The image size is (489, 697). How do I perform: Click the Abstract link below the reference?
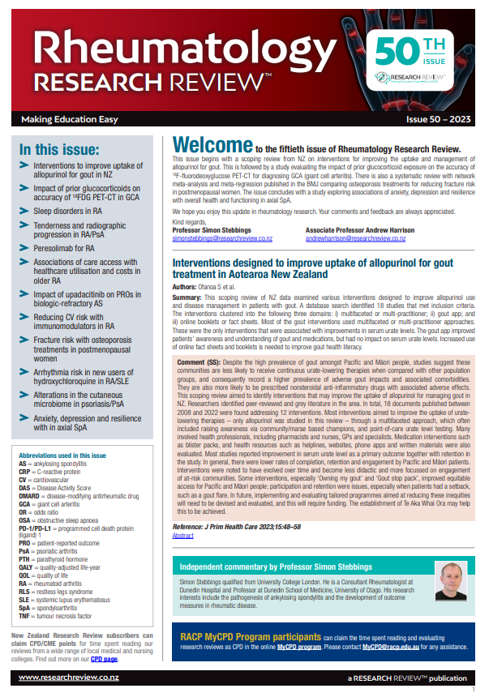pyautogui.click(x=183, y=536)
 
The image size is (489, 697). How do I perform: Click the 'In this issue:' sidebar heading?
pyautogui.click(x=59, y=150)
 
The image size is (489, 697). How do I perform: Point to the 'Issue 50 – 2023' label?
pyautogui.click(x=439, y=119)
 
